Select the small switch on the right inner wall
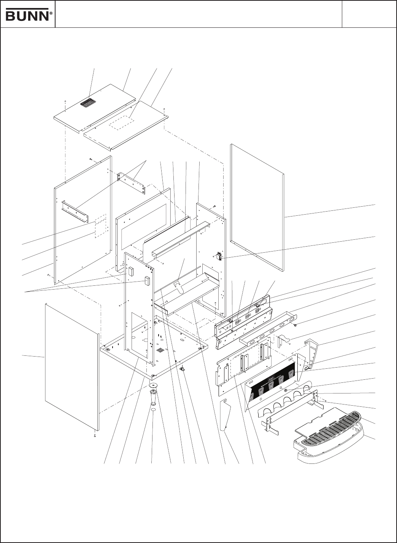point(219,256)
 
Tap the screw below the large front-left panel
point(94,435)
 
